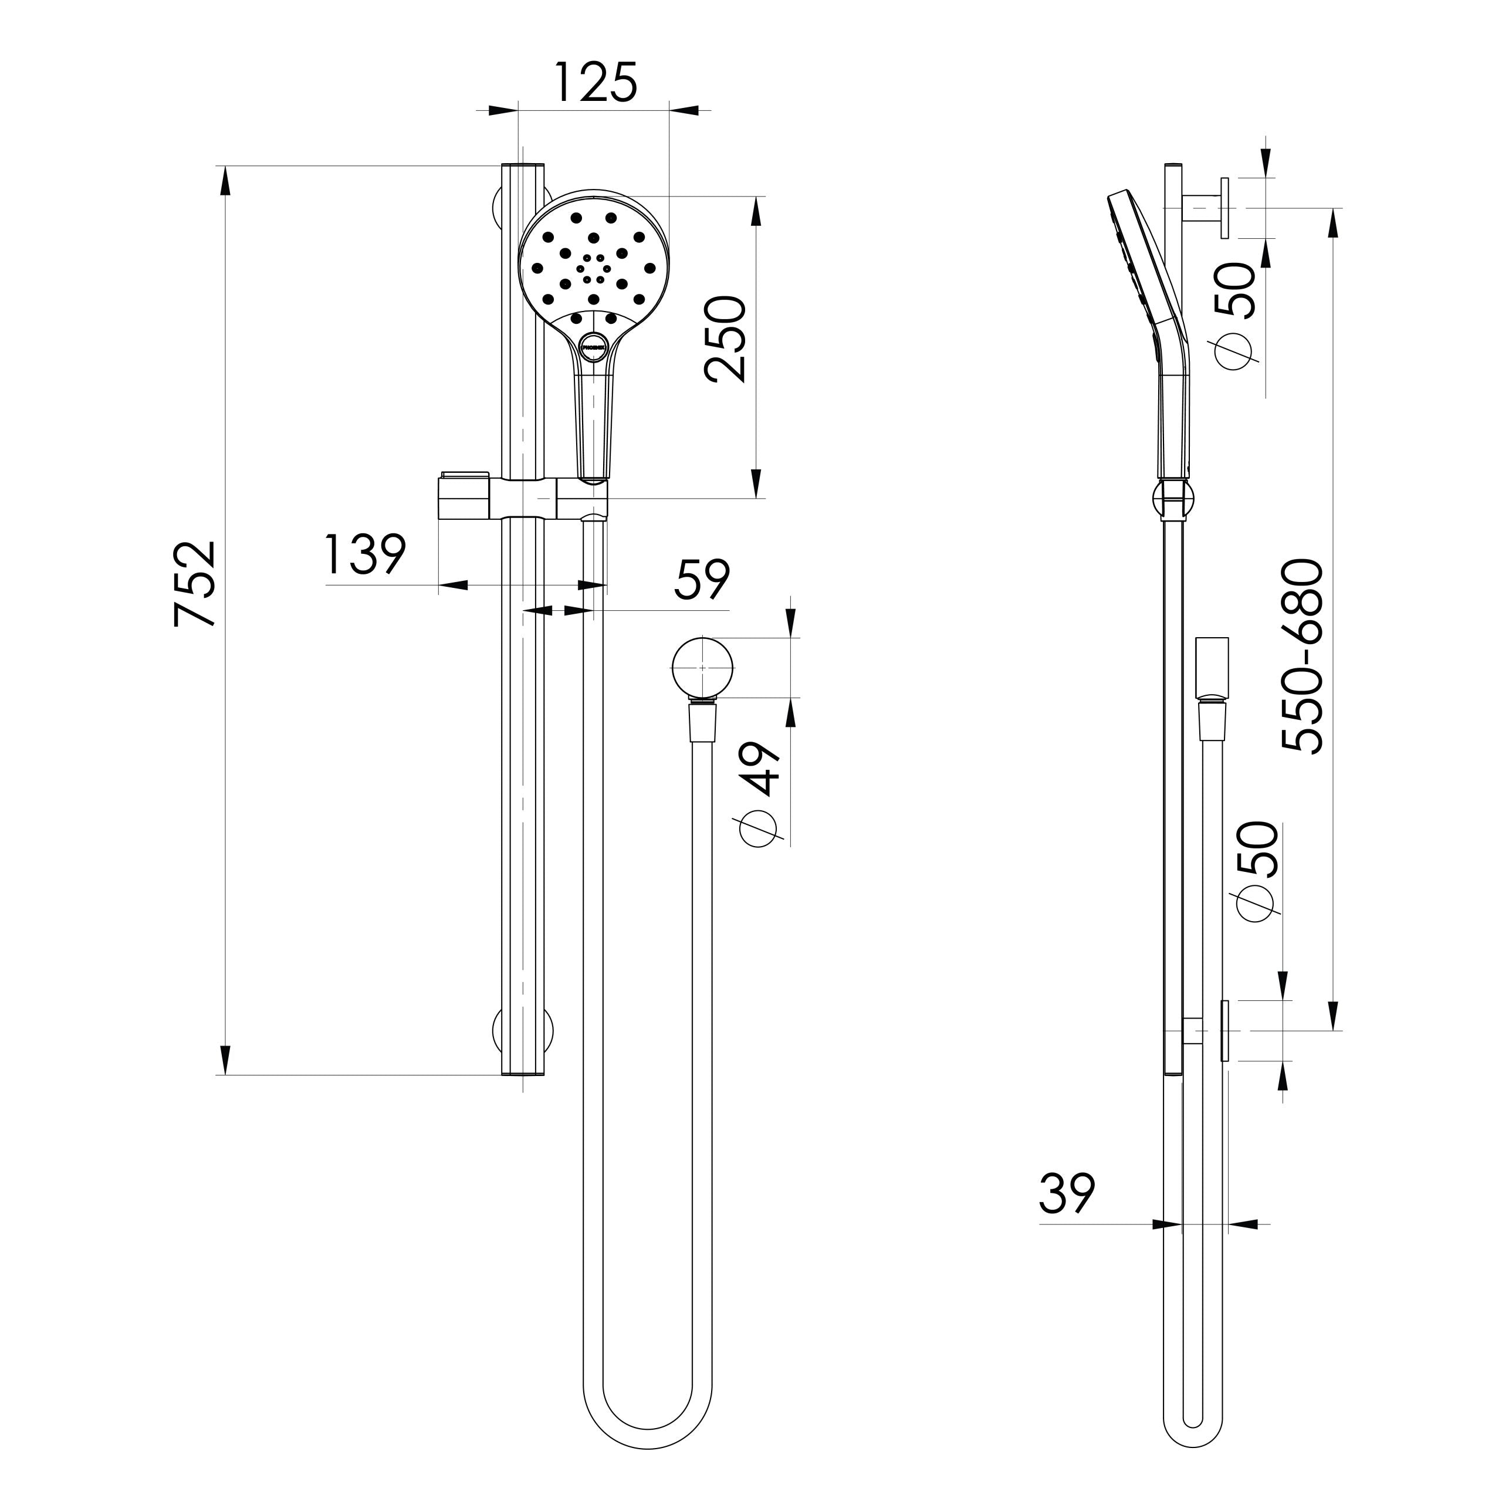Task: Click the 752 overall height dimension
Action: click(x=193, y=583)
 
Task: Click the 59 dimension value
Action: click(x=702, y=579)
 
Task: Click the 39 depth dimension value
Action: click(x=1067, y=1193)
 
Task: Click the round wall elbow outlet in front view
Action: click(x=703, y=667)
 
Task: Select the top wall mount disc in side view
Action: click(x=1225, y=208)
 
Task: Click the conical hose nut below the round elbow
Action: click(x=703, y=720)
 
